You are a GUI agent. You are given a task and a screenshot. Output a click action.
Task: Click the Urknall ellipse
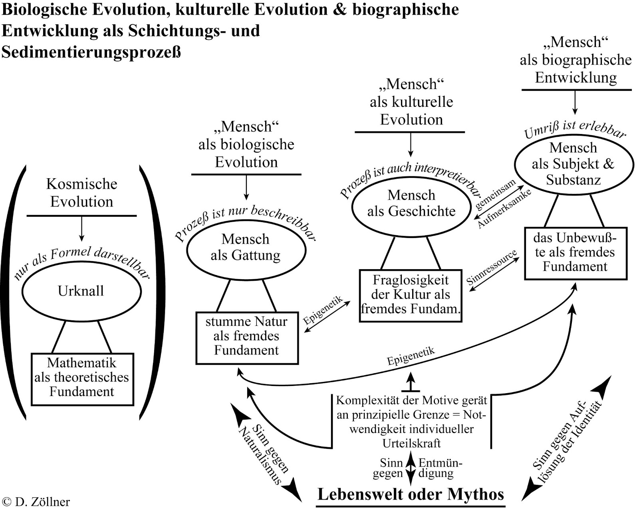pyautogui.click(x=81, y=291)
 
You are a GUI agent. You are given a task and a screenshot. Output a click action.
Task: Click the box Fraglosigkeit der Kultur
pyautogui.click(x=411, y=295)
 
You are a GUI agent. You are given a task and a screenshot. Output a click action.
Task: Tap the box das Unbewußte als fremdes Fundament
pyautogui.click(x=575, y=252)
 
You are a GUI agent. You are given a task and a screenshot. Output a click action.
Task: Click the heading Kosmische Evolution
pyautogui.click(x=81, y=193)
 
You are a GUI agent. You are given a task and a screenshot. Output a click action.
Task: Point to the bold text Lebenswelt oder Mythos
pyautogui.click(x=411, y=494)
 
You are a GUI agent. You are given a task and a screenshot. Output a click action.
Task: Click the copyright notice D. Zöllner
pyautogui.click(x=36, y=502)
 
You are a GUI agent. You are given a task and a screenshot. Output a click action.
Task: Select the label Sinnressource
pyautogui.click(x=492, y=268)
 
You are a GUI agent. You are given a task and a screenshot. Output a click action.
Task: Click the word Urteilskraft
pyautogui.click(x=411, y=443)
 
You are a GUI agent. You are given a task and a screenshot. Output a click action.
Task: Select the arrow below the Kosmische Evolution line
pyautogui.click(x=81, y=229)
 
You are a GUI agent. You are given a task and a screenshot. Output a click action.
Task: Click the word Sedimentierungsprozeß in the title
pyautogui.click(x=91, y=52)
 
